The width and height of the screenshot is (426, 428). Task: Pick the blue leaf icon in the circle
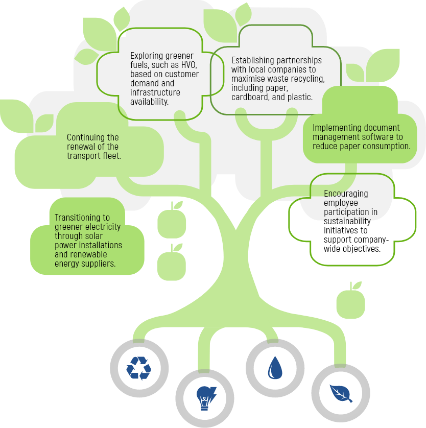click(x=341, y=393)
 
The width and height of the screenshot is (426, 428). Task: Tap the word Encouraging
click(x=346, y=194)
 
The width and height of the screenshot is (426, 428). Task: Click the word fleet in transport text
click(x=111, y=156)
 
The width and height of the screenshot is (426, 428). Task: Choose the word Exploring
click(x=147, y=56)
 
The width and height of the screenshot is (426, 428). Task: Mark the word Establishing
click(x=254, y=60)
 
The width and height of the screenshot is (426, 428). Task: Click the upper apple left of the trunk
click(x=172, y=221)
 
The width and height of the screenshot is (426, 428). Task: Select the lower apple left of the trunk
click(x=172, y=264)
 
